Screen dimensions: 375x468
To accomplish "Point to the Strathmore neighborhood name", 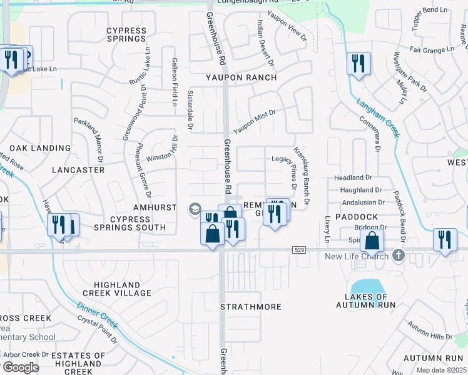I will click(251, 307).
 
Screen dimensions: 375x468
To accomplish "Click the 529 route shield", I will click(298, 250).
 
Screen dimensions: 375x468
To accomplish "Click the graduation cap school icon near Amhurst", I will click(195, 208).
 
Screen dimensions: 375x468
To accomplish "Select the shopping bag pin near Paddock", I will click(372, 240).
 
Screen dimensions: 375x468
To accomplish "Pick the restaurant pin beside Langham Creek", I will click(359, 63).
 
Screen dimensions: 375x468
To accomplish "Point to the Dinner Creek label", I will click(97, 316).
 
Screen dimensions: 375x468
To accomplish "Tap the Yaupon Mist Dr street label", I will click(255, 121).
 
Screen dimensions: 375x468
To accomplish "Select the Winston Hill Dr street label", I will click(162, 151).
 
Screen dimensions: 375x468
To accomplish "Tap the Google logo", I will click(21, 367).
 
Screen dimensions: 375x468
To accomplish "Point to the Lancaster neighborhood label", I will click(78, 169).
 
